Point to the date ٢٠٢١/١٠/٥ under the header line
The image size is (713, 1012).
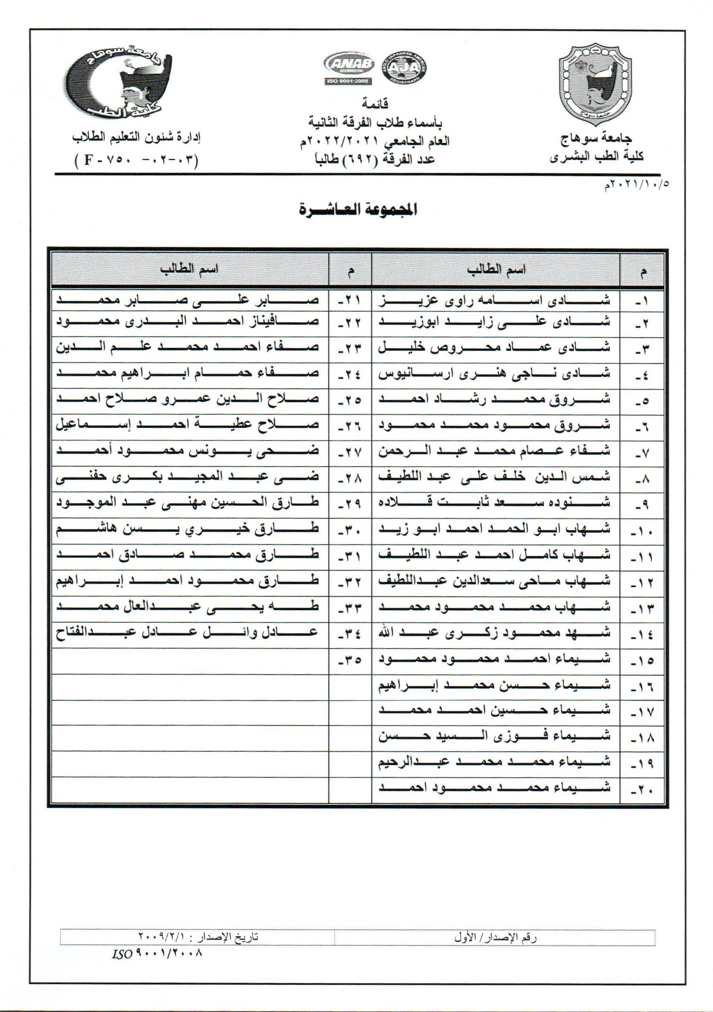tap(637, 185)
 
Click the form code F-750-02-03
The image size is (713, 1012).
tap(137, 159)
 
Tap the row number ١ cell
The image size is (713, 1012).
tap(641, 302)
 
